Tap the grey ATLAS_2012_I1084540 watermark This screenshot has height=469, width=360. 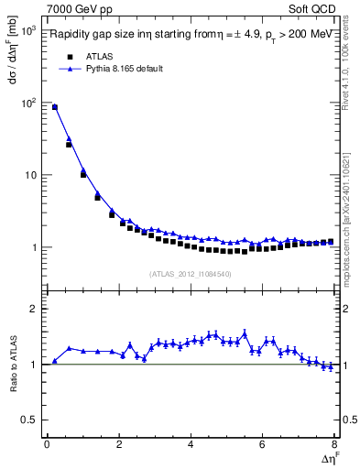click(191, 274)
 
